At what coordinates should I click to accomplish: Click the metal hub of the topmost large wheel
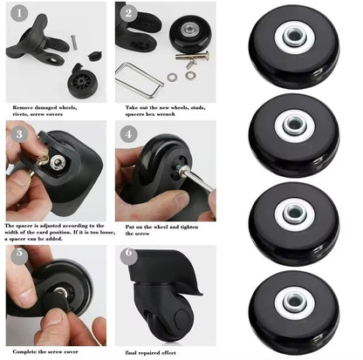coord(293,39)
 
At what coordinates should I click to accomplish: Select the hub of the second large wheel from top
coord(292,127)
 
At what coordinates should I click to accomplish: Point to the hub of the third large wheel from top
coord(292,215)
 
